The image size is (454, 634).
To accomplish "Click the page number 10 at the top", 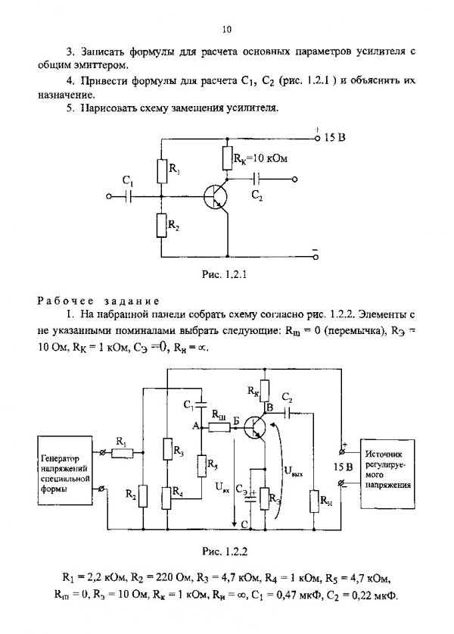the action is [x=226, y=29].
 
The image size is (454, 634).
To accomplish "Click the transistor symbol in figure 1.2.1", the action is [x=215, y=197].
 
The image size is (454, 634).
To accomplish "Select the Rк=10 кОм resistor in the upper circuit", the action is [x=226, y=158].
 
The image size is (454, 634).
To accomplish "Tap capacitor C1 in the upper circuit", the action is [x=129, y=196].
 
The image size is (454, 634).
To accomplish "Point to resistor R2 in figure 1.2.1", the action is [x=161, y=225].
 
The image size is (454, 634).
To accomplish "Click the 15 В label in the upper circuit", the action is [x=335, y=137].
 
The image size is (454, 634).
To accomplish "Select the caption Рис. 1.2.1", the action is [x=224, y=274].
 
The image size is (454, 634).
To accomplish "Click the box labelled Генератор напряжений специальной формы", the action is [x=64, y=470].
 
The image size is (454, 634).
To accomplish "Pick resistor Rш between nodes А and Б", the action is [x=219, y=426].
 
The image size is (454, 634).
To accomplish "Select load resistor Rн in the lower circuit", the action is [x=314, y=501].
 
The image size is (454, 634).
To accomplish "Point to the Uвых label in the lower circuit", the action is [x=294, y=470].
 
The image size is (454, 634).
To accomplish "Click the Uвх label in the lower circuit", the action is [x=222, y=488].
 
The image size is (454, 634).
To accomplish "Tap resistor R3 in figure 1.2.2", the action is [x=168, y=449].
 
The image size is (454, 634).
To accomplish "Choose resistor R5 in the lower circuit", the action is [x=201, y=466].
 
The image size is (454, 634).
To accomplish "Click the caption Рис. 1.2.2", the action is [x=225, y=551].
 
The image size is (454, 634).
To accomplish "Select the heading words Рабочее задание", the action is [x=98, y=301].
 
